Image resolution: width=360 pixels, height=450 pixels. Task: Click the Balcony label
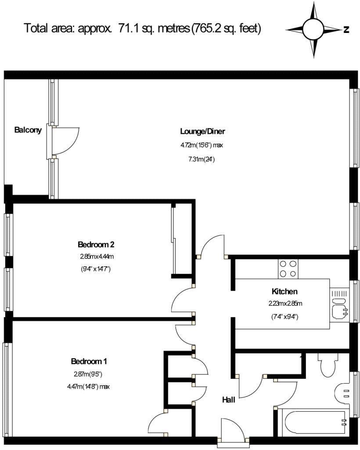point(28,130)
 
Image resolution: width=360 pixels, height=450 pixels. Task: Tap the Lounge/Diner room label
point(202,131)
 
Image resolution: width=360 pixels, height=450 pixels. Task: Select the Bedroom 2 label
point(96,244)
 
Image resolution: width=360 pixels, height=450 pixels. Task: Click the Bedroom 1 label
point(89,361)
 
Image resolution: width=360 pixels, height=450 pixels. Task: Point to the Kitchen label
point(284,292)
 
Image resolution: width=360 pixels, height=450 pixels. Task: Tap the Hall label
point(229,399)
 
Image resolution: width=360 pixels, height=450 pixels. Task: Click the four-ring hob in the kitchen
point(288,269)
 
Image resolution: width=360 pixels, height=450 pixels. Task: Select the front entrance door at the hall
point(232,432)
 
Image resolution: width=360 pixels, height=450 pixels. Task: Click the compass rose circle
point(313,29)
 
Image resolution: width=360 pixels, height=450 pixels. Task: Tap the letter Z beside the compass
point(346,29)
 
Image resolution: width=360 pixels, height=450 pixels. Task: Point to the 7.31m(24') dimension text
point(202,159)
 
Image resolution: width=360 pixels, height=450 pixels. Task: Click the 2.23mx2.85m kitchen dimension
point(285,303)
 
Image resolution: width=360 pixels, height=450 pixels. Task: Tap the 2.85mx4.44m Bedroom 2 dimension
point(97,256)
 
